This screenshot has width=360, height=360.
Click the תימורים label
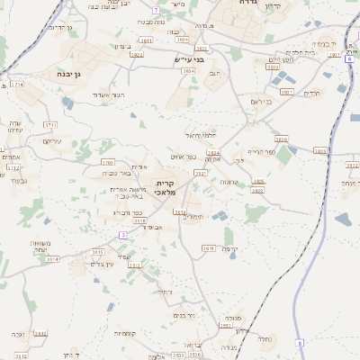point(193,217)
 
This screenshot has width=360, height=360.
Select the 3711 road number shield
point(50,125)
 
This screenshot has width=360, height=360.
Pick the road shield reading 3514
point(51,258)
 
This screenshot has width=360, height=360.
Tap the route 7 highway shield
point(156,10)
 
